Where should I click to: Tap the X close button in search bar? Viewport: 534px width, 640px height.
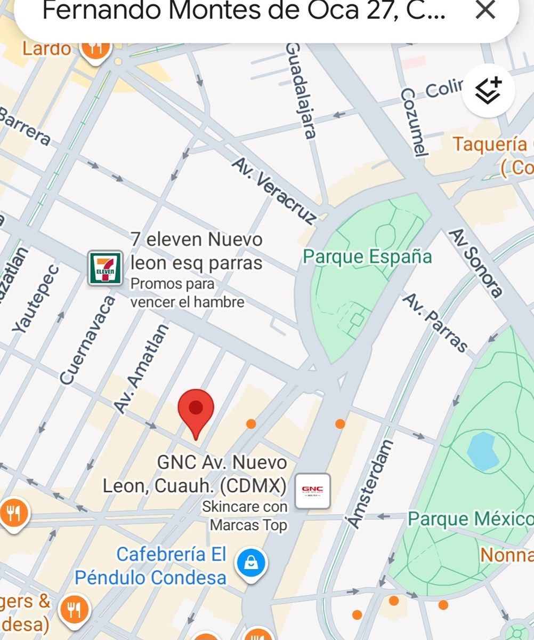point(485,10)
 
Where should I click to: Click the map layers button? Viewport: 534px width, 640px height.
point(488,91)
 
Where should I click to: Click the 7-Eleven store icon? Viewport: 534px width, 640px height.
point(105,268)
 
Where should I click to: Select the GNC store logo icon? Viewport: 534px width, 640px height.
point(312,490)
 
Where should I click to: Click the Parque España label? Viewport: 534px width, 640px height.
point(367,257)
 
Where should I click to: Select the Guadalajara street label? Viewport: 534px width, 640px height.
point(302,91)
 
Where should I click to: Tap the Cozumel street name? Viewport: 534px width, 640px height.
point(414,123)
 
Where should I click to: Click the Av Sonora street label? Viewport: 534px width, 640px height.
point(475,263)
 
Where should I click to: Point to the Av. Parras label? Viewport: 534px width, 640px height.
point(434,323)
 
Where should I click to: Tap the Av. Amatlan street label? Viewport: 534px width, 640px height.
point(142,369)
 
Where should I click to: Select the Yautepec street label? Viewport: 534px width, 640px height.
point(36,299)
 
